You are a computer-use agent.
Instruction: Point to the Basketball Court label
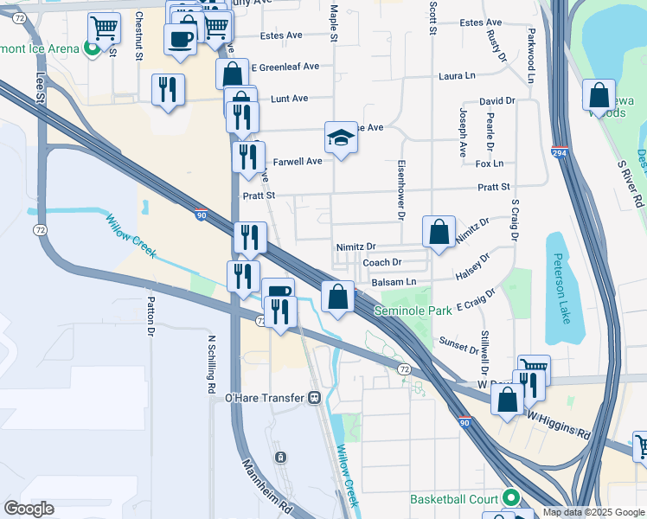click(x=458, y=499)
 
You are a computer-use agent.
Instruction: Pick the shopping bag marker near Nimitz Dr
click(x=439, y=232)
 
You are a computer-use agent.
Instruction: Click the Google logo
click(x=29, y=509)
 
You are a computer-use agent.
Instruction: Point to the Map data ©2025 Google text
click(x=593, y=512)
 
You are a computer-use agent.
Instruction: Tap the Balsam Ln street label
click(x=394, y=282)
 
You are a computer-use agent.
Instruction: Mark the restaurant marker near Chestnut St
click(x=168, y=90)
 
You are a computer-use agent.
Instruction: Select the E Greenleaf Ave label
click(x=285, y=67)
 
